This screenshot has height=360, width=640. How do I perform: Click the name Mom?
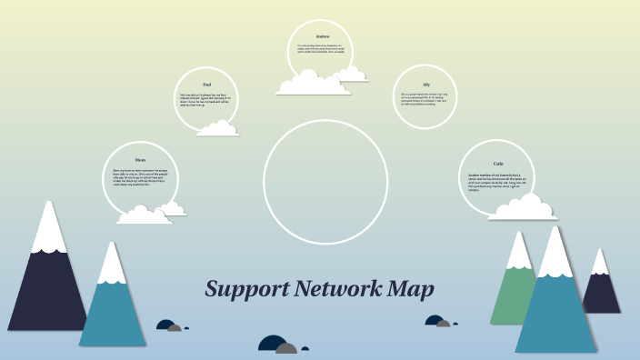(x=140, y=159)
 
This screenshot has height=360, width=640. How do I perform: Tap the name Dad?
(x=207, y=84)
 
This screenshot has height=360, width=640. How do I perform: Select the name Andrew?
(x=323, y=35)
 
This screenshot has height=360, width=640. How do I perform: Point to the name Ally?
(x=425, y=84)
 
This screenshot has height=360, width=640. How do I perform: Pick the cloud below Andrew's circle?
(x=314, y=84)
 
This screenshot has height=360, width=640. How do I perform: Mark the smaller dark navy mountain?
(x=601, y=291)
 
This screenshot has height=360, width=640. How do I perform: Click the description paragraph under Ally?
(x=425, y=98)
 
